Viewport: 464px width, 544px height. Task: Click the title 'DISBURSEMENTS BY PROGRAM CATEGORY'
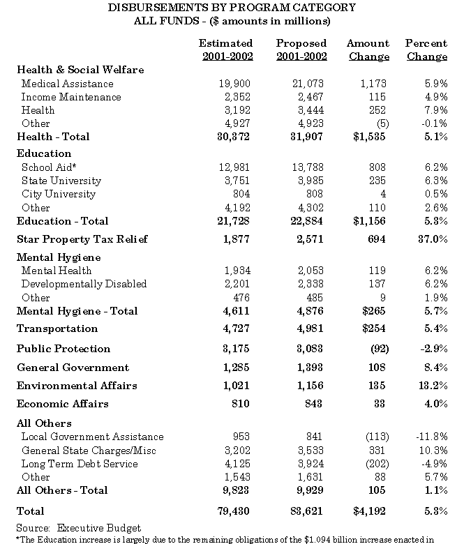point(232,8)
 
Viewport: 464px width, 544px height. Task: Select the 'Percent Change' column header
point(426,50)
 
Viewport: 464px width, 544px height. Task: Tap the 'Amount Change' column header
point(368,50)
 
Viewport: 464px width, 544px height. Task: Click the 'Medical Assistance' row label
point(67,84)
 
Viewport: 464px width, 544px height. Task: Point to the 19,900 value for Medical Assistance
point(234,84)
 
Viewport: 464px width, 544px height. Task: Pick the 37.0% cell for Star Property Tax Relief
point(431,239)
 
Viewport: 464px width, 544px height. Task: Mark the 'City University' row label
point(59,194)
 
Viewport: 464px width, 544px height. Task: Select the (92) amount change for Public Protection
point(376,349)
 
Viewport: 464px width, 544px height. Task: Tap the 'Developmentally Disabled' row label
point(84,284)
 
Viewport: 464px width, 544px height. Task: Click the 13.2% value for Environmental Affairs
point(431,386)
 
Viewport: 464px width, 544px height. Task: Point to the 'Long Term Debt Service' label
point(80,464)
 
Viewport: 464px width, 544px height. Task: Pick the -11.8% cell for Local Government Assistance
point(430,437)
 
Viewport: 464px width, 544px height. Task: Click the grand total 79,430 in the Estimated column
point(234,511)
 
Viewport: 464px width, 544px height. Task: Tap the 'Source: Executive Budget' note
point(78,528)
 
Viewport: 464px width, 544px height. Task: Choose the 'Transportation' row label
point(57,328)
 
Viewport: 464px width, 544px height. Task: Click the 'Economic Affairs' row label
point(62,404)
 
